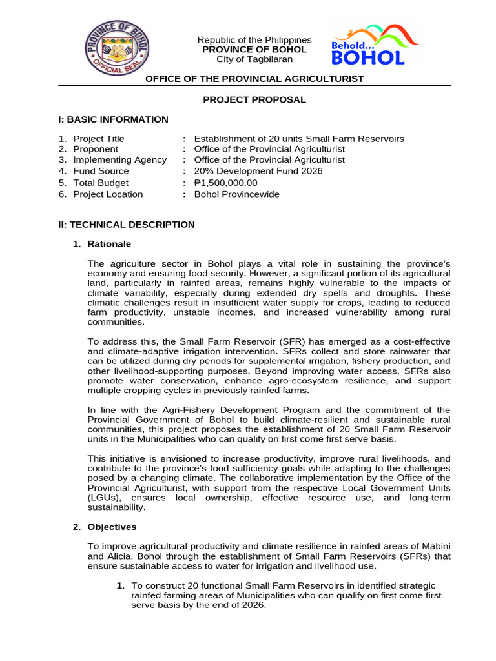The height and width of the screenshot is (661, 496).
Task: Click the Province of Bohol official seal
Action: click(x=117, y=49)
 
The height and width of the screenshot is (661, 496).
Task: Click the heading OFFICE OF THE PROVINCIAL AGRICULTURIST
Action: click(x=254, y=79)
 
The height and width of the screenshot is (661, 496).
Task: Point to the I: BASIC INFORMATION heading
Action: click(x=113, y=119)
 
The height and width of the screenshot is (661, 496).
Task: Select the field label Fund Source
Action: click(x=101, y=171)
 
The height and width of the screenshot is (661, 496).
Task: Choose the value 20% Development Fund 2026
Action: click(x=258, y=171)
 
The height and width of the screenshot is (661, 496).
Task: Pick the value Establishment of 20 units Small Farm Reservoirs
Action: click(x=299, y=139)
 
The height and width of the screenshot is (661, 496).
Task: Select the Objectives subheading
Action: click(x=112, y=527)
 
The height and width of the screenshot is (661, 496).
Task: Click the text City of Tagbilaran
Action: click(x=254, y=59)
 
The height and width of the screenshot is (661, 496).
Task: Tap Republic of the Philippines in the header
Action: click(x=254, y=40)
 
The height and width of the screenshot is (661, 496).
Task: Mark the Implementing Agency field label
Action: click(x=119, y=159)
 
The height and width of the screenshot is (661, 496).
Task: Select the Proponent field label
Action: click(x=96, y=149)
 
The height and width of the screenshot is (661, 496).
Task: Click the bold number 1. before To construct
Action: click(x=120, y=585)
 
